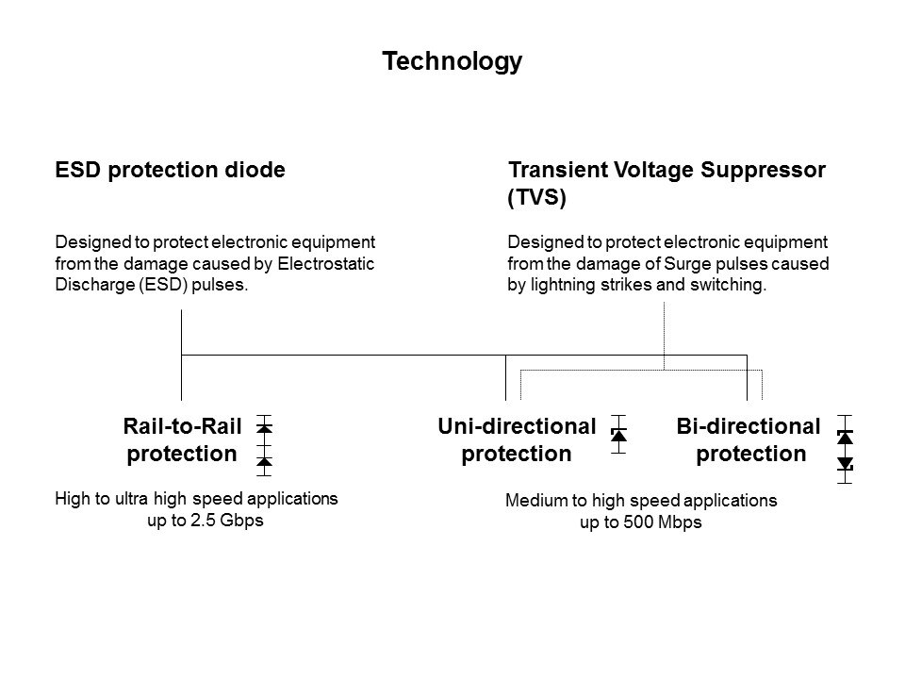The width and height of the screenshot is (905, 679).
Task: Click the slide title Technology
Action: click(x=452, y=61)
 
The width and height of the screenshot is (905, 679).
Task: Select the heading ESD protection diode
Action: click(x=171, y=171)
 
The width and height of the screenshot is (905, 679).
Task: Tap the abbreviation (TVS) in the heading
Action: click(x=536, y=199)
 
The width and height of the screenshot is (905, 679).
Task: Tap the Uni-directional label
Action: click(x=517, y=426)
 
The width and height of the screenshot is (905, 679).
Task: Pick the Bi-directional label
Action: click(x=749, y=426)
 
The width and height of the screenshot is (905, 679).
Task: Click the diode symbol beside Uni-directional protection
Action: click(x=619, y=435)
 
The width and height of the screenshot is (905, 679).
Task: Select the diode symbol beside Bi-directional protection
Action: click(x=846, y=450)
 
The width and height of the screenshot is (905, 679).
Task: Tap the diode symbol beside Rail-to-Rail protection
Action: click(x=265, y=445)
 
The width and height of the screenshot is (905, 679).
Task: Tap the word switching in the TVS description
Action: click(x=731, y=286)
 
